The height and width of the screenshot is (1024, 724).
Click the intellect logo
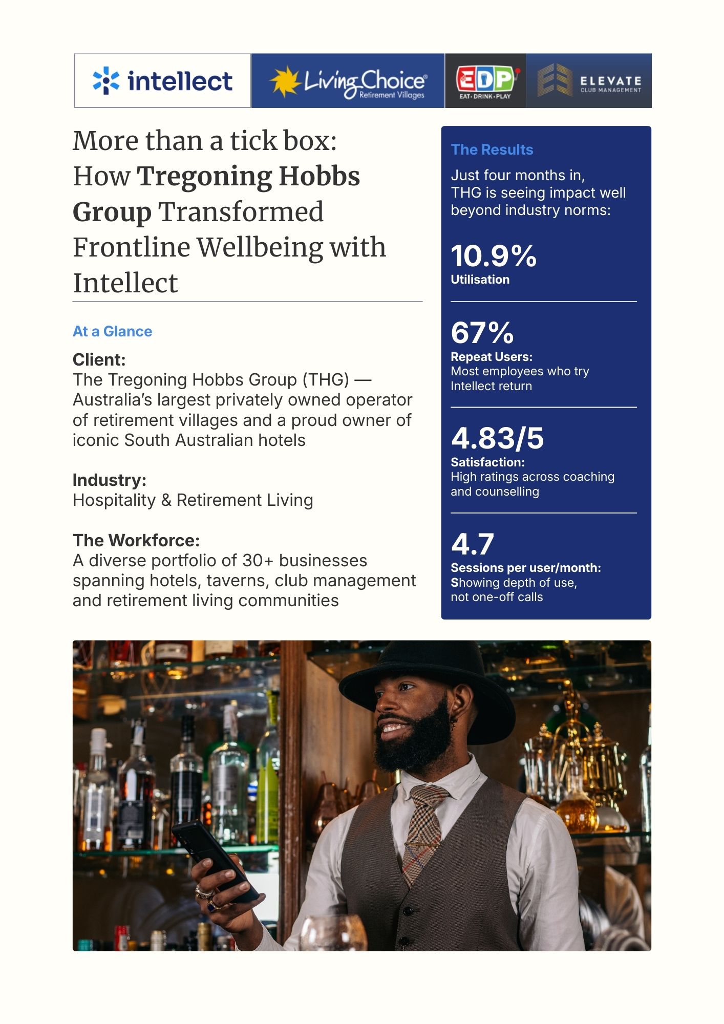[162, 81]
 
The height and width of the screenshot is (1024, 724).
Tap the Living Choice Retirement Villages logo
[348, 81]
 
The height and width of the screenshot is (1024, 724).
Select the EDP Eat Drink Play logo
[485, 81]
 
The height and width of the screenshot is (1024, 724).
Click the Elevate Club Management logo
[589, 81]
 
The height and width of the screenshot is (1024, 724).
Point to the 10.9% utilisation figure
[494, 256]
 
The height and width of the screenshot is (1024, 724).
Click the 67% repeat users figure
[482, 333]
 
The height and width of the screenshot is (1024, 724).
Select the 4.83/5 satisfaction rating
[497, 438]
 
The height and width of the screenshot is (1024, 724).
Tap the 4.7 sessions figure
[473, 544]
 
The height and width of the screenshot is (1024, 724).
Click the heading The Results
[492, 150]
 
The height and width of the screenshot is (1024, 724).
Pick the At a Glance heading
[112, 331]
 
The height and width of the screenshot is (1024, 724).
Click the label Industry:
[109, 480]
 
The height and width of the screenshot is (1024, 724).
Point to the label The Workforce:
[136, 540]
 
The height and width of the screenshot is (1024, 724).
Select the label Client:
[99, 360]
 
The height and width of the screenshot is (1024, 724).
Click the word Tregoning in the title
[204, 177]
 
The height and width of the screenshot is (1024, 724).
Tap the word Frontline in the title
[131, 248]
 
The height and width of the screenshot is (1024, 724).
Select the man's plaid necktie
[422, 829]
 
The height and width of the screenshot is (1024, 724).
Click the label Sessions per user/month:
[525, 568]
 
